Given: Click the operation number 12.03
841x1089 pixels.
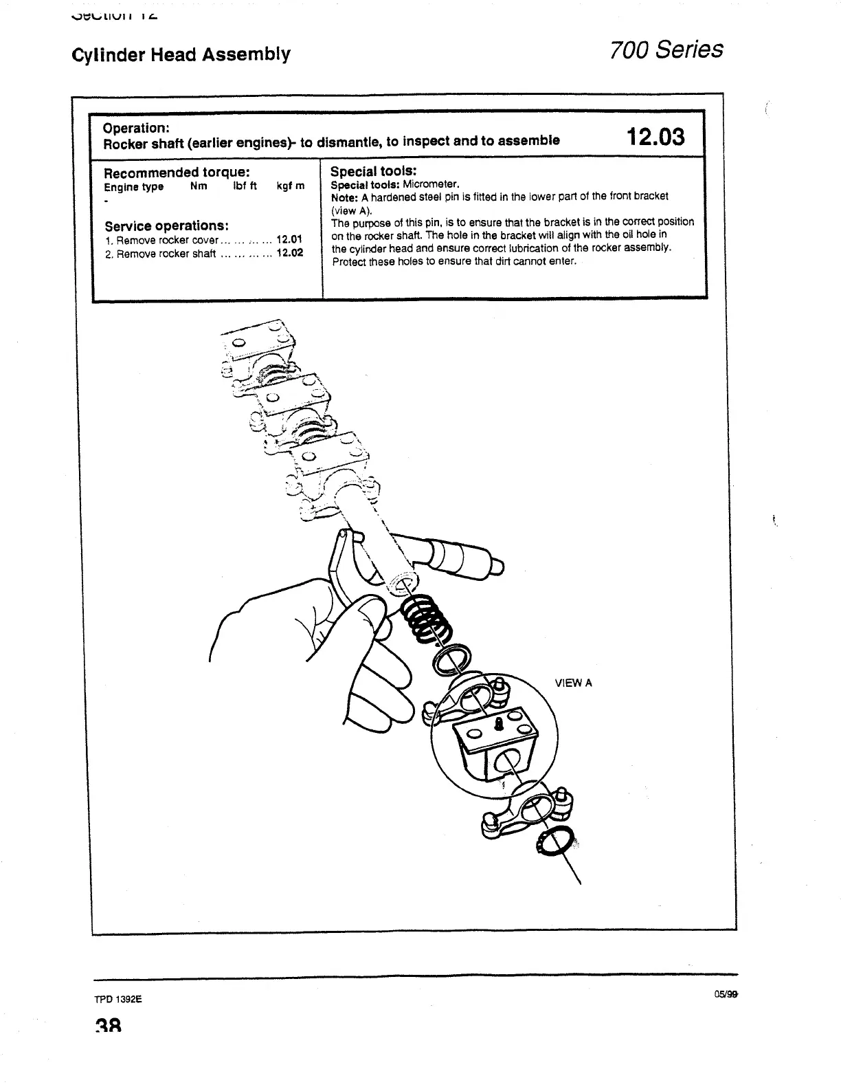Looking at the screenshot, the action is [x=655, y=136].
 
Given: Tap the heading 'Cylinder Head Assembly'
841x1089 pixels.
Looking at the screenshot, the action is [x=181, y=54].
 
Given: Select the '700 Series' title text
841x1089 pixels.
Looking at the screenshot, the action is [x=666, y=49].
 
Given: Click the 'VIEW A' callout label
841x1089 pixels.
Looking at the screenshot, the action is [x=573, y=683].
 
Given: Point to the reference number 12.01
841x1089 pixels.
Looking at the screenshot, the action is [x=289, y=240].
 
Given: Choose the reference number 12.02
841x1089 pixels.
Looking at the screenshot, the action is [x=289, y=253].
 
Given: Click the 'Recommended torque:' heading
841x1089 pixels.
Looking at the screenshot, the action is [x=176, y=172].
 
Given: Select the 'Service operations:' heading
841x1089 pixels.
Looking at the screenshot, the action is [x=166, y=226].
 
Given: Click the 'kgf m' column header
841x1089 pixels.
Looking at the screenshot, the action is [x=290, y=186].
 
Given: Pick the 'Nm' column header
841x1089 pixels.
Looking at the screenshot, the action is [x=199, y=186].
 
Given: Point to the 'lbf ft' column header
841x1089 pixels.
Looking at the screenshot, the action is [x=245, y=186].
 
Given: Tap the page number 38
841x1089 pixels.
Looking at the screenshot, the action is [x=109, y=1027].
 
